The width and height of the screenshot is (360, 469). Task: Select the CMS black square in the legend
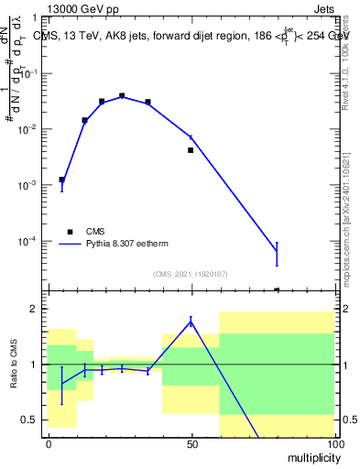click(70, 232)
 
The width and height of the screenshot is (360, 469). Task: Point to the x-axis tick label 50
click(191, 443)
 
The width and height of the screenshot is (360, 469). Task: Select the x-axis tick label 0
click(49, 443)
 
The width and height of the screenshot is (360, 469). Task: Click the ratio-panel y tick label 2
click(34, 309)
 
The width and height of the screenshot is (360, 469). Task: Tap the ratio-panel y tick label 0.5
click(29, 420)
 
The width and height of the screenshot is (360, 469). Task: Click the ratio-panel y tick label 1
click(34, 365)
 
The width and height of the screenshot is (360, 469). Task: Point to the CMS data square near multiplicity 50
click(191, 149)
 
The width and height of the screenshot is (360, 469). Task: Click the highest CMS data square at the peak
click(122, 95)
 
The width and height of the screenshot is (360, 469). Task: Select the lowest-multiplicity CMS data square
click(61, 180)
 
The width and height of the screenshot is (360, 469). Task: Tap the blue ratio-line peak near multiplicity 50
click(191, 321)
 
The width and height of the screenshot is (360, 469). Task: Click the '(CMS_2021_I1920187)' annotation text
click(190, 273)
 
